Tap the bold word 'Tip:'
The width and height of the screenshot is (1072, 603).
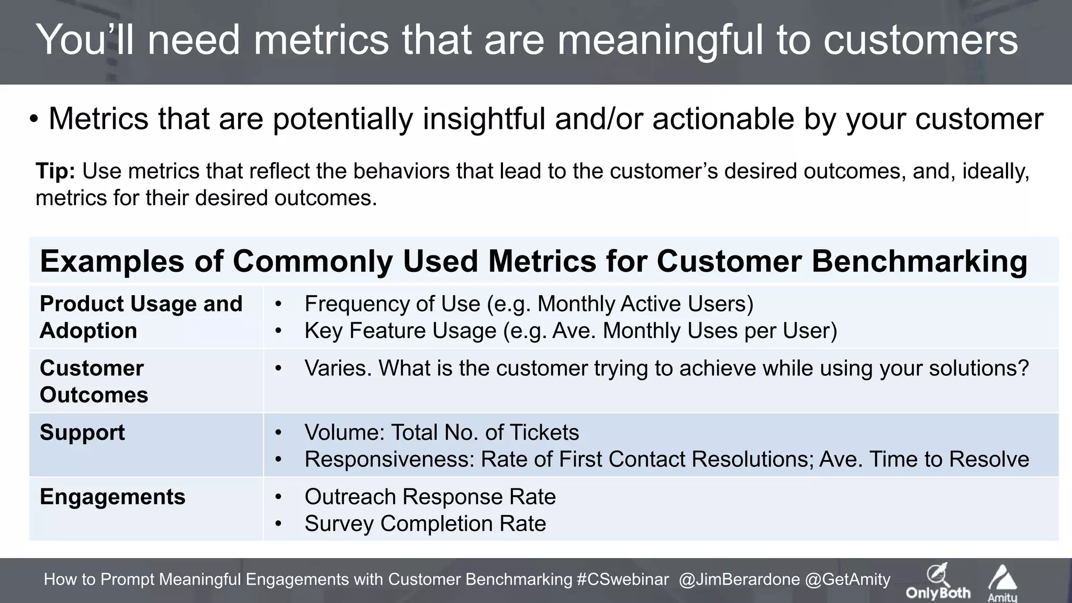[55, 171]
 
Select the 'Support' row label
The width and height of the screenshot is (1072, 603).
[82, 432]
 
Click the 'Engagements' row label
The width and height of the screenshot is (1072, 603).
[113, 497]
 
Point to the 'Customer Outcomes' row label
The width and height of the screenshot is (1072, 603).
[94, 381]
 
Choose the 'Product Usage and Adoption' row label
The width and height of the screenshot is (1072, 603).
[141, 317]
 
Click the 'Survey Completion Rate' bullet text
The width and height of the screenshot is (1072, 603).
[425, 523]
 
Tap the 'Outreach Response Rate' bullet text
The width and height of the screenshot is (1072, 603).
[430, 497]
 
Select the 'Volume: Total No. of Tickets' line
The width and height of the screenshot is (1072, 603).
[441, 432]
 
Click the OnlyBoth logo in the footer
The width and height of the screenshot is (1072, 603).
[938, 582]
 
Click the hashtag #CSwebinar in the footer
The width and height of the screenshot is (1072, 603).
[622, 579]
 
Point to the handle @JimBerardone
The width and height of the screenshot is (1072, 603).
[739, 579]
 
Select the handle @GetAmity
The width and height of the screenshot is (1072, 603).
[847, 579]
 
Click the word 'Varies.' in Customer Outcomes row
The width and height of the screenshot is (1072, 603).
[338, 368]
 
